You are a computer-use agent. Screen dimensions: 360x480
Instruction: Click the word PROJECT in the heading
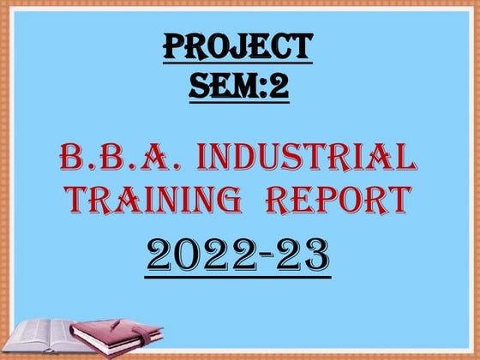(237, 48)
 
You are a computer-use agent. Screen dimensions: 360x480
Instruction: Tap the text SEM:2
(237, 86)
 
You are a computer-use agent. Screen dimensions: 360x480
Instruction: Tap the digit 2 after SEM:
(279, 86)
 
